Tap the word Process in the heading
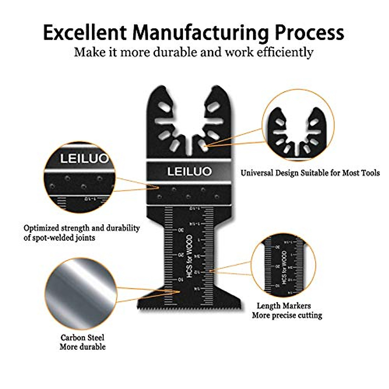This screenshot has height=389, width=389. point(309,32)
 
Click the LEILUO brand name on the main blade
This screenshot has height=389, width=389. point(189,171)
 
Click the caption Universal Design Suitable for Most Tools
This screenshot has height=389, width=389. point(310,173)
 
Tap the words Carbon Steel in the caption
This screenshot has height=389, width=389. point(82,337)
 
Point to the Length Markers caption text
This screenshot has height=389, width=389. point(284,306)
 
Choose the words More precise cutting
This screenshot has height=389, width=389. point(287,315)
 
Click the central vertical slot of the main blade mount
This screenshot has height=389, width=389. point(189,146)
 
